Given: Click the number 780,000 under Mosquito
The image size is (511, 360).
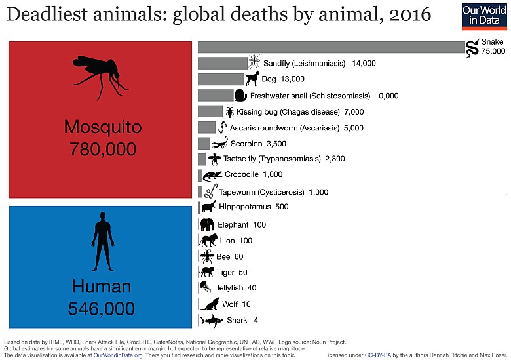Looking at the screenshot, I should click(x=102, y=149).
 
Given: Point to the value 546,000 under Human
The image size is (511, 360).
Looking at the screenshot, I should click(x=102, y=308).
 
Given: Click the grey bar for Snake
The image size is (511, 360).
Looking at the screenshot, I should click(x=331, y=47).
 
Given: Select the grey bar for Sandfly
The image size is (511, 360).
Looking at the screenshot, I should click(x=223, y=63).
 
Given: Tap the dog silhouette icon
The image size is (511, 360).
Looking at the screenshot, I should click(x=252, y=79).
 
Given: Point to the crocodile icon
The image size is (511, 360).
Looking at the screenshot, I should click(x=213, y=175).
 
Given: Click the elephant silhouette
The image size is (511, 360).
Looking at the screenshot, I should click(x=207, y=224).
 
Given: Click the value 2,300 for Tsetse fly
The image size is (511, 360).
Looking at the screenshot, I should click(x=335, y=159).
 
